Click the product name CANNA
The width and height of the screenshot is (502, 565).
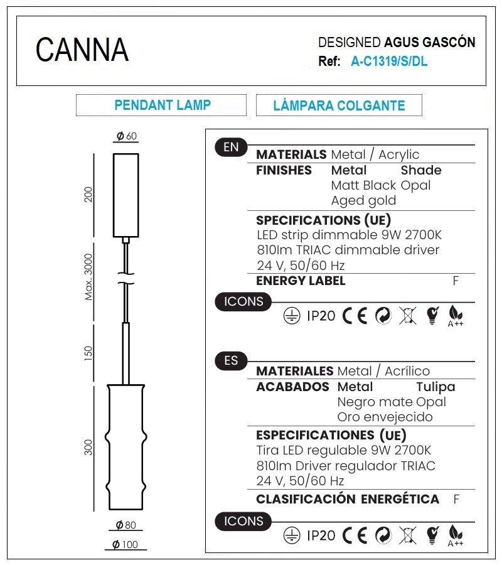click(82, 50)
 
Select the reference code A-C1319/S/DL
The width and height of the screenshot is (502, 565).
click(389, 62)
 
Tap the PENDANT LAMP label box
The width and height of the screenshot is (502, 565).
click(161, 105)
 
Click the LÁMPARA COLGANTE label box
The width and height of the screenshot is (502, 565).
click(339, 105)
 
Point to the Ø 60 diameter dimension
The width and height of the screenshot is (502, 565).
click(126, 136)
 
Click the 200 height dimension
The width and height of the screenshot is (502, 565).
click(88, 195)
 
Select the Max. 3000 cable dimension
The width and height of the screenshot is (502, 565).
click(88, 277)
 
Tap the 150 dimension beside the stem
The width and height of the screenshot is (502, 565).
click(88, 353)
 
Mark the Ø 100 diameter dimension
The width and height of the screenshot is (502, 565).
click(125, 544)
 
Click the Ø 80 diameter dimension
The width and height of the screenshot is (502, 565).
click(125, 525)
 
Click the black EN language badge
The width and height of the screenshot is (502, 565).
click(231, 147)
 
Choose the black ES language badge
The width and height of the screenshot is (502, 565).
click(231, 361)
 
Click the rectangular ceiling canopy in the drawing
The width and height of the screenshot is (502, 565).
click(125, 195)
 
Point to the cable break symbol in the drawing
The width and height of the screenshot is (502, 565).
click(125, 278)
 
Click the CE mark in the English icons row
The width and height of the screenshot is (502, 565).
click(355, 316)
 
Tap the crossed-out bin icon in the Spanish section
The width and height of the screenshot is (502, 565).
click(408, 535)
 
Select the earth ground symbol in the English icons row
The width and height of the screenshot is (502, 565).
click(292, 316)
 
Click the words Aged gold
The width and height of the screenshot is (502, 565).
click(363, 200)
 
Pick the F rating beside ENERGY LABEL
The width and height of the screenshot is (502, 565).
click(456, 281)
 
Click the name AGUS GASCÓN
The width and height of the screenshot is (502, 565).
click(430, 42)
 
